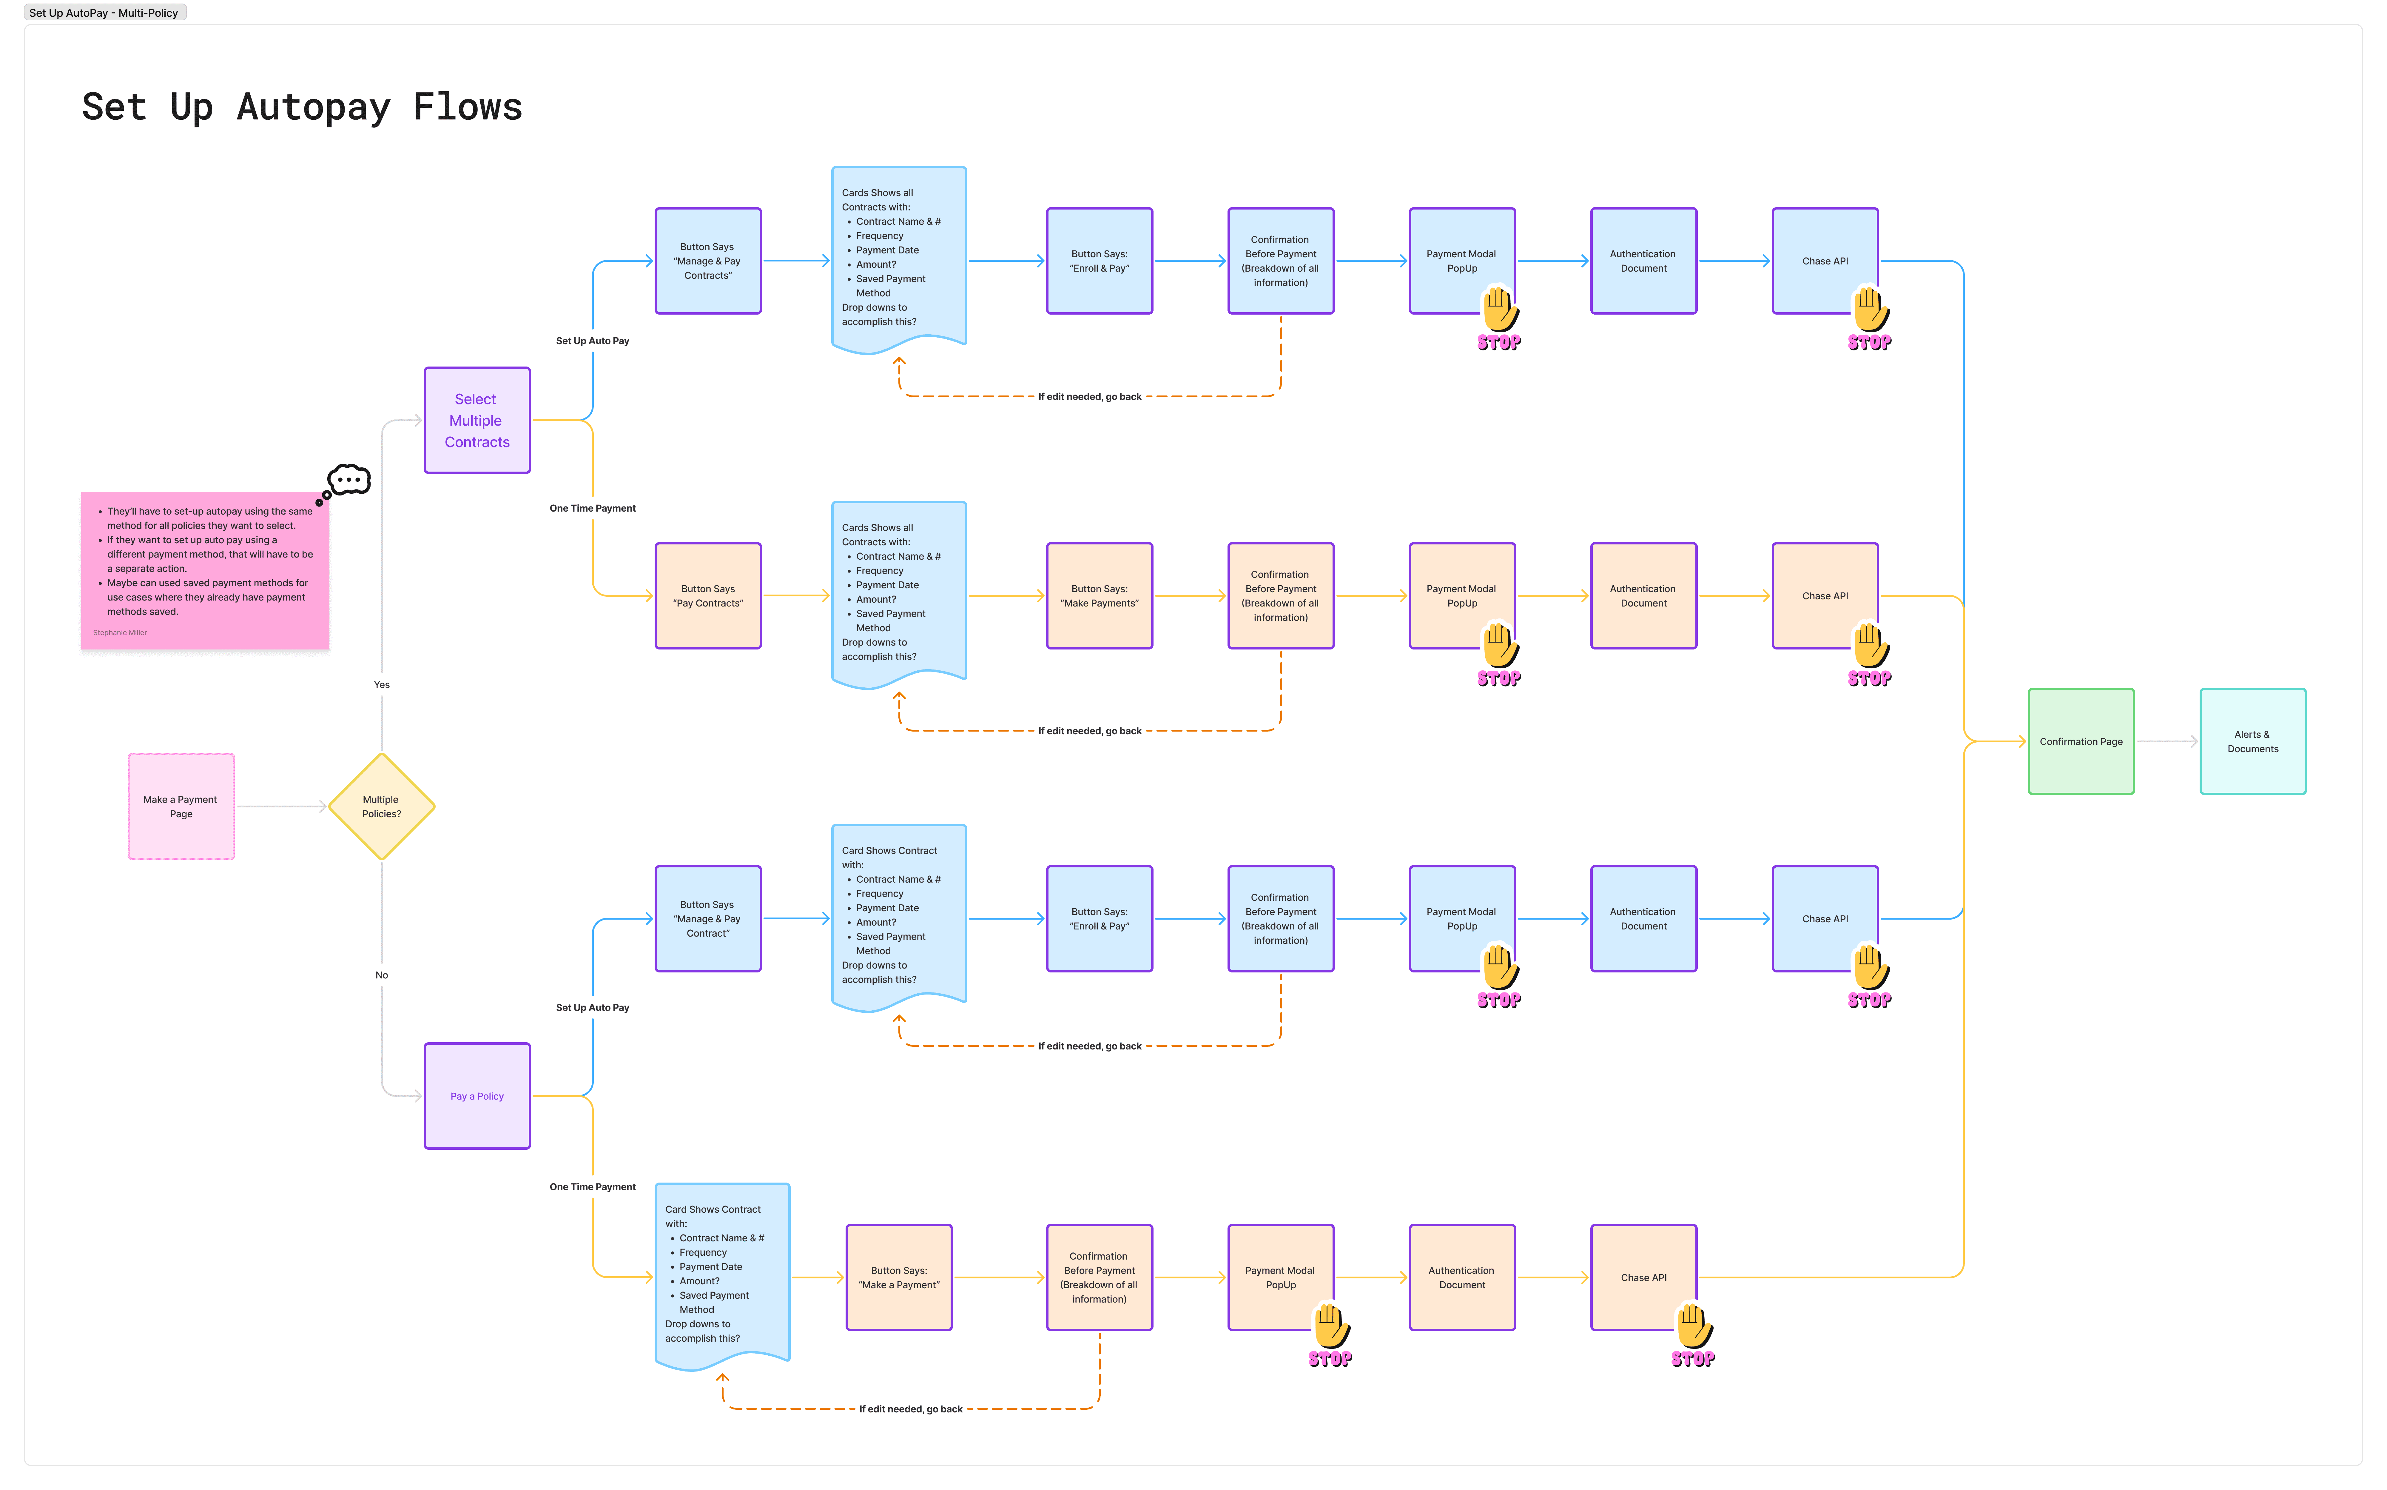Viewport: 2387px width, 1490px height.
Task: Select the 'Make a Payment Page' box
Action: point(181,806)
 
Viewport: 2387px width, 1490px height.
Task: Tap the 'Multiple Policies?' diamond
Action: point(381,806)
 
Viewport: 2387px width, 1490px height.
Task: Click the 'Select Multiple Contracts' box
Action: point(477,421)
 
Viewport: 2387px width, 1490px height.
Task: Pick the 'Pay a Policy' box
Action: point(477,1096)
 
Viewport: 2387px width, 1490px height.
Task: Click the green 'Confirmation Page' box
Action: point(2081,741)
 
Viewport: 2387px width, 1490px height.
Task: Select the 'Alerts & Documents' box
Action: point(2252,741)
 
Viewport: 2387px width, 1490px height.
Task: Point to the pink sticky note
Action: point(205,569)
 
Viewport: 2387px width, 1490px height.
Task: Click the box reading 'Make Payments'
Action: point(1100,595)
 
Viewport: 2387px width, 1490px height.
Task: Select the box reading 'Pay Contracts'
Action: point(708,595)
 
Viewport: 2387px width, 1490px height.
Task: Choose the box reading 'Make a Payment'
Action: point(898,1277)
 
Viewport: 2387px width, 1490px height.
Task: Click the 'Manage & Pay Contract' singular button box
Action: point(708,918)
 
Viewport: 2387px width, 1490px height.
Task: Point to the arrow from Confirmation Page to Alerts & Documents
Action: point(2166,741)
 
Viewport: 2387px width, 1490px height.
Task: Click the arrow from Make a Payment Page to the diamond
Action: point(281,806)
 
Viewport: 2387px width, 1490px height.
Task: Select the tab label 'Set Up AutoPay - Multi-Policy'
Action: point(104,13)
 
